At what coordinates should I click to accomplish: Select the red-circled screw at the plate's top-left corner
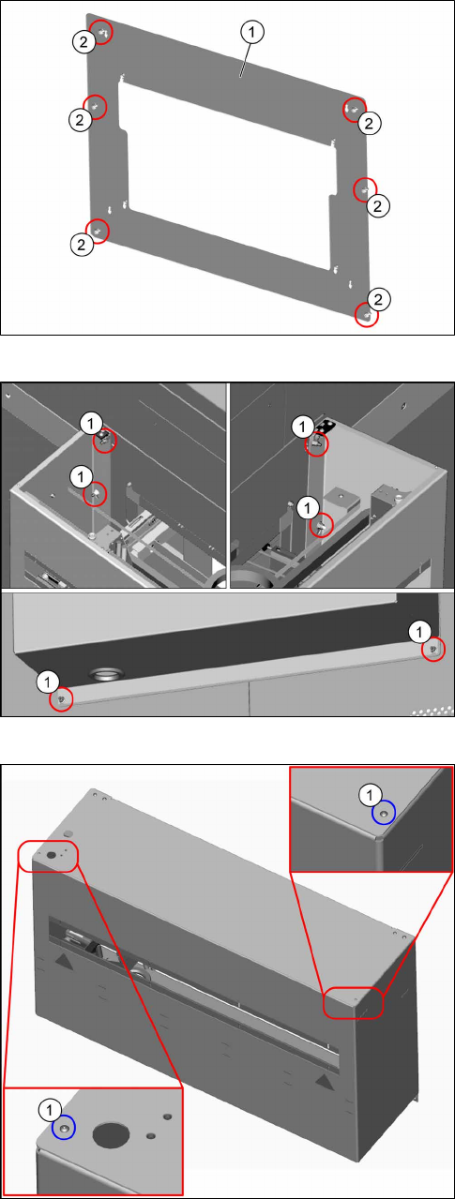(102, 33)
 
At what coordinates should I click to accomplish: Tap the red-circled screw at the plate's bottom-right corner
(367, 315)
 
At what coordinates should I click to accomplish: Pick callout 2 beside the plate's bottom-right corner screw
(378, 299)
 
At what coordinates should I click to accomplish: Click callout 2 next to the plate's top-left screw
(83, 41)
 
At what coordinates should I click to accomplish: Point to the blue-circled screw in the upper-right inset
(383, 813)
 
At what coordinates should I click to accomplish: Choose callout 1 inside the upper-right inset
(369, 795)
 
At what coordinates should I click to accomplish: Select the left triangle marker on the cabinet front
(64, 961)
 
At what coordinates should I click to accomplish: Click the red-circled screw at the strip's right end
(433, 650)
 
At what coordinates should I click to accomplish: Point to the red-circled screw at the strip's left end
(61, 699)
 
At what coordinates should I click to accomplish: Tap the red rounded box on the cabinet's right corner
(353, 1002)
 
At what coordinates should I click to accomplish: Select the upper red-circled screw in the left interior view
(104, 441)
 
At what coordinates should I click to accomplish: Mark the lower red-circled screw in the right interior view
(322, 527)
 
